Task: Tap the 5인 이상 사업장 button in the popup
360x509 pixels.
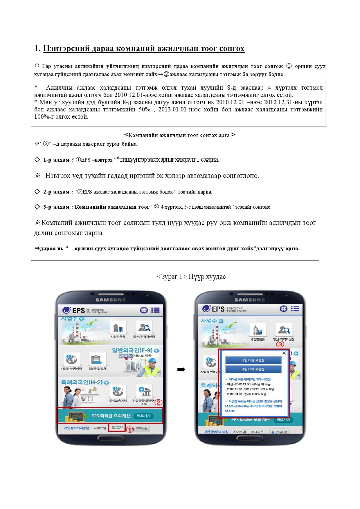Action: [x=253, y=360]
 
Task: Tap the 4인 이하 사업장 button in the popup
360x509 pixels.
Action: [x=253, y=369]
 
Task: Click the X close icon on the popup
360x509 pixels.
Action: [x=284, y=353]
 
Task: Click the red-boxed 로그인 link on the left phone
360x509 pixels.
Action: [x=117, y=428]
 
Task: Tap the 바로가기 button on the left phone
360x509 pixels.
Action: [x=144, y=416]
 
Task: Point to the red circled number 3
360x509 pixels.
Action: [x=280, y=344]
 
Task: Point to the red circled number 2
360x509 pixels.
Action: [x=158, y=402]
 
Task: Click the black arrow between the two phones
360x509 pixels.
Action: [x=181, y=369]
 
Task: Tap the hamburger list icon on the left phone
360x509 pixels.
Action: [x=155, y=310]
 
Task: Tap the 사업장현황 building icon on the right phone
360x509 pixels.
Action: [x=258, y=330]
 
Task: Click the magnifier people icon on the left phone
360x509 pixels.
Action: [x=144, y=328]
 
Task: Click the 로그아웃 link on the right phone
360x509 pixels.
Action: [x=257, y=432]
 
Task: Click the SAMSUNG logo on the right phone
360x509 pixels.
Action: [x=250, y=300]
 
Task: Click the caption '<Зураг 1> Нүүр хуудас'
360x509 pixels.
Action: [x=191, y=277]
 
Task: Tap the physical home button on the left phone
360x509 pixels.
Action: [x=111, y=438]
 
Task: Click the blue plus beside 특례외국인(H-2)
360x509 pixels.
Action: [x=106, y=382]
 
